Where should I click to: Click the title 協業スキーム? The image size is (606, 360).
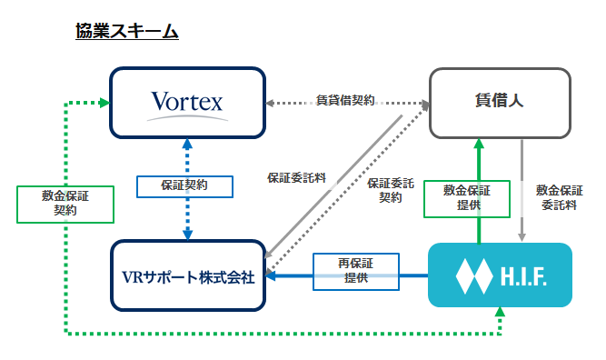(x=126, y=32)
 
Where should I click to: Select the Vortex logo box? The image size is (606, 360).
(x=186, y=101)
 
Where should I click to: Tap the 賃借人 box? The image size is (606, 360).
(x=499, y=101)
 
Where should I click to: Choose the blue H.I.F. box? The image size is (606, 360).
(x=500, y=275)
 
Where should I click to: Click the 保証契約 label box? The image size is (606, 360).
(x=184, y=185)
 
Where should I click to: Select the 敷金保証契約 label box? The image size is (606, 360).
(x=65, y=202)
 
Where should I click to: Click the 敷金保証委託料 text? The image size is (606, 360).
(x=558, y=197)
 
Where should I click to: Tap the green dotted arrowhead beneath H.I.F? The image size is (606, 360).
(x=500, y=312)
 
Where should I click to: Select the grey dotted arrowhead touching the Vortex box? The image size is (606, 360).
(x=270, y=101)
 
